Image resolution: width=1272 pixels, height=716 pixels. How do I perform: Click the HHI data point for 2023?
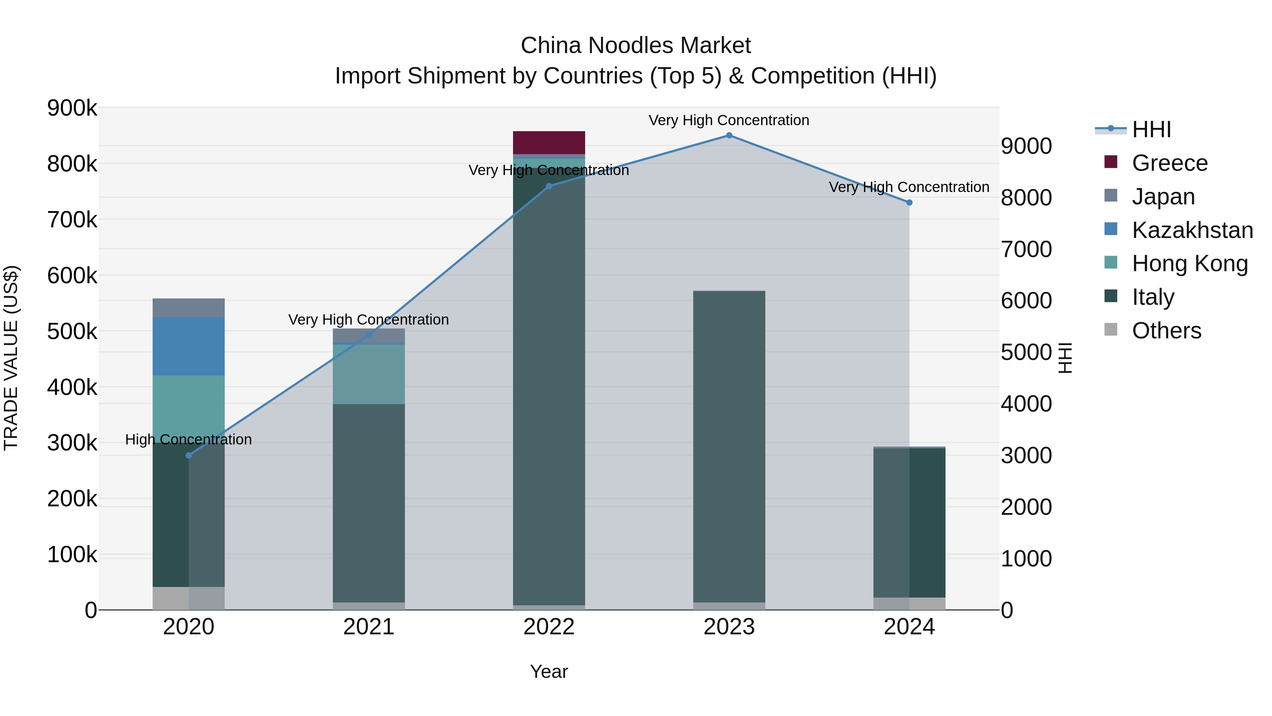coord(729,135)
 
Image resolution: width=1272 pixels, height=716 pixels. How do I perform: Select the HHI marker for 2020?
coord(189,455)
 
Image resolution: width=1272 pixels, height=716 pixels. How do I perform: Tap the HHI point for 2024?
coord(909,203)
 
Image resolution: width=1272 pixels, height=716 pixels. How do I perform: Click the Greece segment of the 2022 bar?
coord(549,143)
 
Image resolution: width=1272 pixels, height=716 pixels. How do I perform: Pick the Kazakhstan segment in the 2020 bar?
coord(189,347)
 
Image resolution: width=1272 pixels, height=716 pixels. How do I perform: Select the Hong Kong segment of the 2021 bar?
coord(369,374)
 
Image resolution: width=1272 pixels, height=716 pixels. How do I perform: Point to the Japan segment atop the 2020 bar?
coord(189,308)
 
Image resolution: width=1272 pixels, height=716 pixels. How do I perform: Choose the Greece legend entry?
coord(1169,163)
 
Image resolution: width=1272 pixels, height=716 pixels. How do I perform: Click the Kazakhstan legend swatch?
coord(1111,229)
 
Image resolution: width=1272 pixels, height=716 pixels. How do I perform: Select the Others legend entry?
coord(1166,331)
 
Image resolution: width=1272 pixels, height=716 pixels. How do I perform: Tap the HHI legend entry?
coord(1151,129)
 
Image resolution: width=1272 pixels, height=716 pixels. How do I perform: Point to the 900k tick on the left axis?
coord(72,108)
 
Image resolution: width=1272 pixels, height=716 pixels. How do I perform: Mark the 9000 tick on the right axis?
coord(1026,146)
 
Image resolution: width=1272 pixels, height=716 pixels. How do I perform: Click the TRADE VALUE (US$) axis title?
coord(11,358)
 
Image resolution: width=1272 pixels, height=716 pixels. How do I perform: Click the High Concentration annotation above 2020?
coord(189,439)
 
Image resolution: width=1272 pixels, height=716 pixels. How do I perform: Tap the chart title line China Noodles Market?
coord(636,46)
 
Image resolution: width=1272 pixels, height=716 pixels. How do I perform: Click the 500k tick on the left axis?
coord(72,332)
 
